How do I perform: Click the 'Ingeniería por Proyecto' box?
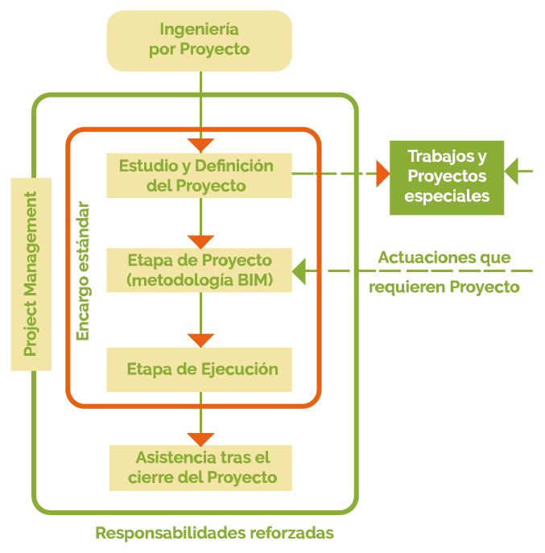(199, 39)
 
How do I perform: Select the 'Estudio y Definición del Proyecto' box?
(199, 175)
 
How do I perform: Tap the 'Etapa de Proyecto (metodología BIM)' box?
(199, 270)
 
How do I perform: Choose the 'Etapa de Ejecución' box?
(199, 369)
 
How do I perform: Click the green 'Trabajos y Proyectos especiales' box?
(448, 176)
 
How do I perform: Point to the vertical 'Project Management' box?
(31, 274)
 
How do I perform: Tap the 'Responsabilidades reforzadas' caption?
(214, 533)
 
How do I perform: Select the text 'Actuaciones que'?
(444, 258)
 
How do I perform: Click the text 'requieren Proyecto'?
(444, 287)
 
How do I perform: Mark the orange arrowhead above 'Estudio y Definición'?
(200, 146)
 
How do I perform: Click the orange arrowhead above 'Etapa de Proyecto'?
(200, 241)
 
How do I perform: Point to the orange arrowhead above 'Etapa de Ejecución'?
(200, 340)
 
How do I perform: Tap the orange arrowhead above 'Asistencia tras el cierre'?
(200, 439)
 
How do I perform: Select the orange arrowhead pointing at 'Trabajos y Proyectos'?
(382, 173)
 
